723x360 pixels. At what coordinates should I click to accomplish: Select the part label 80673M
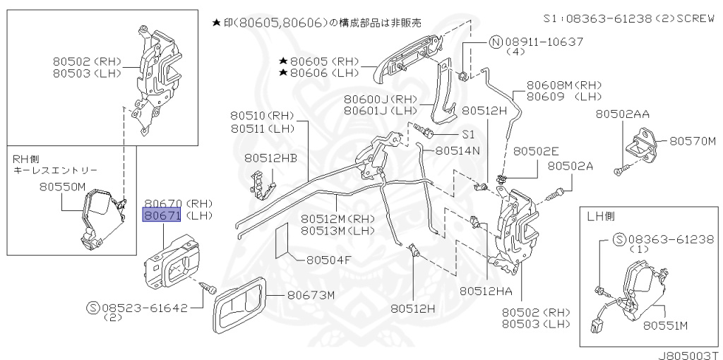pos(310,295)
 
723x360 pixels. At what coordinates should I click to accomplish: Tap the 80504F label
pos(328,260)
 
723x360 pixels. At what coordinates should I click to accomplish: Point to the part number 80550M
pos(61,187)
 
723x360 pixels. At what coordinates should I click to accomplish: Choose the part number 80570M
pos(693,141)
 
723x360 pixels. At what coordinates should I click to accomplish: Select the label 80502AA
pos(623,114)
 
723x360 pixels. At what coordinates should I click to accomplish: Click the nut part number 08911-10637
pos(543,42)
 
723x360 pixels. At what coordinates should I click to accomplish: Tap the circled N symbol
pos(496,42)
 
